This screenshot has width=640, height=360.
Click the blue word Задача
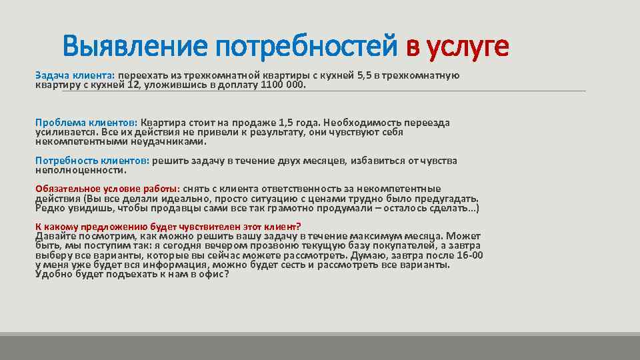(x=52, y=75)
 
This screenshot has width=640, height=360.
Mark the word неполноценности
(x=80, y=170)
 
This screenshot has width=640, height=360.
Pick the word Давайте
(x=55, y=236)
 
